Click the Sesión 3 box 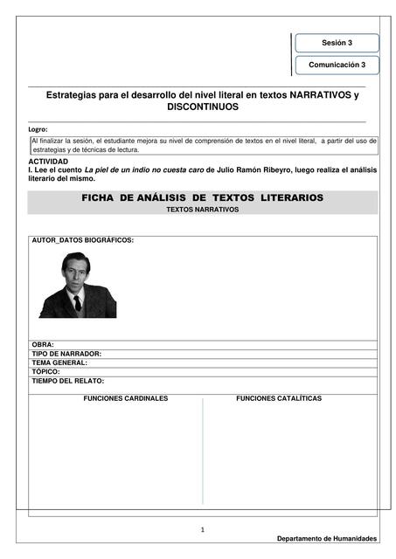337,43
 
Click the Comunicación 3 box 337,65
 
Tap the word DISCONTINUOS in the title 202,106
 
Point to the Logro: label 38,129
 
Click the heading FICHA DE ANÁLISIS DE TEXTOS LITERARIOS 202,198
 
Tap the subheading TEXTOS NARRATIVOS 202,210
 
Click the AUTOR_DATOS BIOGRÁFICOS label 82,239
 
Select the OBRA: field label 43,345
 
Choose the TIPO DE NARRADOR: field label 66,354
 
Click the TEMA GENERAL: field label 59,362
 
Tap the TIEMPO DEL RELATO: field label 67,381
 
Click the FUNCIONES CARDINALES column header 125,398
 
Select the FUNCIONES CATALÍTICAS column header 278,398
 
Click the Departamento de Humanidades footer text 327,538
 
